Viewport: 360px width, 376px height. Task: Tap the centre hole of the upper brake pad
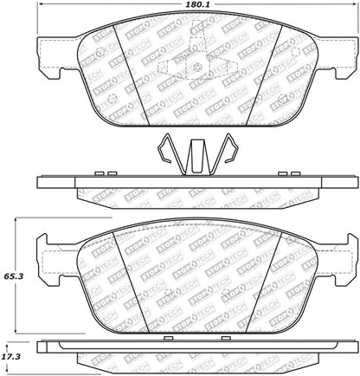pyautogui.click(x=197, y=68)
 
